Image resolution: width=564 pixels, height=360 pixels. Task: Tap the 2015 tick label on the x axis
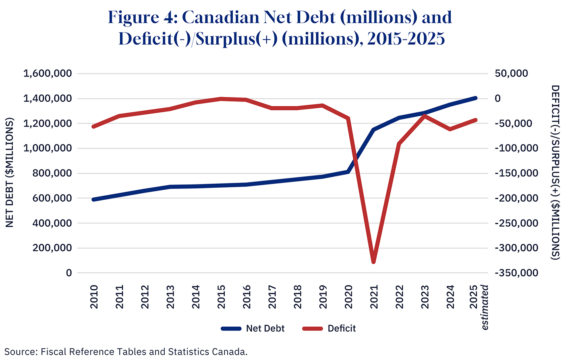[221, 297]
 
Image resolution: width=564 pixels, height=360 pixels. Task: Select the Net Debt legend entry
[253, 329]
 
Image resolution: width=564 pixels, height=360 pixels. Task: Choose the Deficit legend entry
[329, 329]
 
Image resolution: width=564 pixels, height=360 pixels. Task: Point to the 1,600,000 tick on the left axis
[48, 74]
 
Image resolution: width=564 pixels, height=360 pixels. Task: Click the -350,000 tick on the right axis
[516, 273]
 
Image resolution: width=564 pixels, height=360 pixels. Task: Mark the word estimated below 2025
[485, 307]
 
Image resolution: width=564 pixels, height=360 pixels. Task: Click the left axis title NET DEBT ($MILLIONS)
[10, 172]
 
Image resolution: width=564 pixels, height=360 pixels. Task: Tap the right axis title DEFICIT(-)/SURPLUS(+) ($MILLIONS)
[556, 172]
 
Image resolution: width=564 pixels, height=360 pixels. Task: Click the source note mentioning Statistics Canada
[126, 352]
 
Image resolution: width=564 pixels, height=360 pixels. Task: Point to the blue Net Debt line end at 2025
[475, 98]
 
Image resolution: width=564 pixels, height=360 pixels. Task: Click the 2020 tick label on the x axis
[348, 297]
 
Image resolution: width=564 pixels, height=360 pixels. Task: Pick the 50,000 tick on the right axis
[512, 74]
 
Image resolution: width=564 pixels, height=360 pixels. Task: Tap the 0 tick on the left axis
[69, 273]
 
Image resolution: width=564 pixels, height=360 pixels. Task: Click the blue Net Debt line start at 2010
[93, 199]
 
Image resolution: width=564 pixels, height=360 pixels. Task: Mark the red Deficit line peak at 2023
[425, 116]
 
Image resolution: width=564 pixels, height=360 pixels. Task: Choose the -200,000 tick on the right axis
[516, 198]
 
